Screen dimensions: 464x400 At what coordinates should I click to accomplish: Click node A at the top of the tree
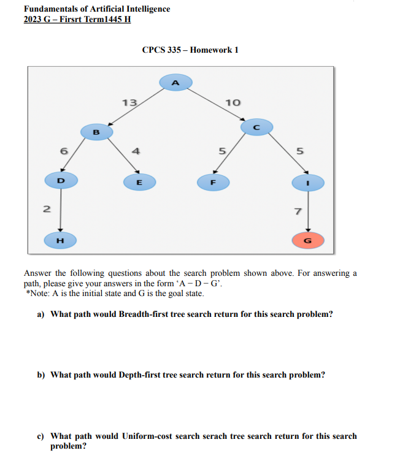click(x=175, y=82)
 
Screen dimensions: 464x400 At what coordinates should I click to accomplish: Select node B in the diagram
click(x=96, y=131)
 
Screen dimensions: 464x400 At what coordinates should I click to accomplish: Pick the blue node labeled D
click(x=60, y=181)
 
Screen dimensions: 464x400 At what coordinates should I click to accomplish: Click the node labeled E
click(x=139, y=182)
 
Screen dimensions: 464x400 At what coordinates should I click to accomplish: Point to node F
click(x=213, y=182)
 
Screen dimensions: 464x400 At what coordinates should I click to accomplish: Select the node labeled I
click(x=308, y=182)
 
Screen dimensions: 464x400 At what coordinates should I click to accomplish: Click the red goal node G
click(x=308, y=240)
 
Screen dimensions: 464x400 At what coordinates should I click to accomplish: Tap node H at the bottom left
click(x=60, y=240)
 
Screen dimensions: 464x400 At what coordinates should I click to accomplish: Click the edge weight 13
click(x=129, y=102)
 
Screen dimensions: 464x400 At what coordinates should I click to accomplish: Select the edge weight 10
click(x=233, y=102)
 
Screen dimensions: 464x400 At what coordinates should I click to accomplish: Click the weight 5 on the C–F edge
click(x=223, y=150)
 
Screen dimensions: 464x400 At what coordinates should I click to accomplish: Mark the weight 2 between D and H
click(x=45, y=208)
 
